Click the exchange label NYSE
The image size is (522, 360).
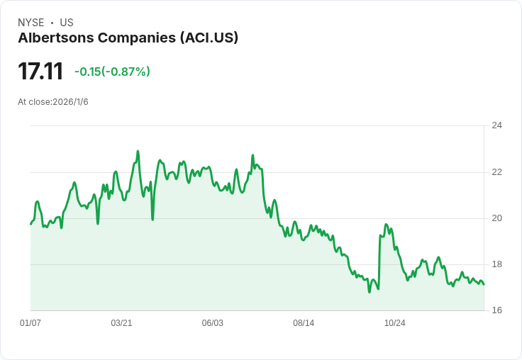click(x=31, y=23)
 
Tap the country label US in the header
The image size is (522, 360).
click(x=67, y=23)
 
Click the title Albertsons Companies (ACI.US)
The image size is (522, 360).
click(x=128, y=38)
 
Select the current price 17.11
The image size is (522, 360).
click(x=40, y=71)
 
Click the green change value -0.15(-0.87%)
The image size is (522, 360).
click(x=112, y=72)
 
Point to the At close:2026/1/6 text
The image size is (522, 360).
click(x=53, y=102)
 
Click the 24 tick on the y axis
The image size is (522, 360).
click(x=496, y=125)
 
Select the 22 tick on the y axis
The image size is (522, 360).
click(x=496, y=172)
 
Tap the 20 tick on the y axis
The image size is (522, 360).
click(x=496, y=218)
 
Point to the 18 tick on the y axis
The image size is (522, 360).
click(x=496, y=264)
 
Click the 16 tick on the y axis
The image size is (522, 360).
click(x=496, y=310)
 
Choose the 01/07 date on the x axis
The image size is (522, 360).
click(x=30, y=323)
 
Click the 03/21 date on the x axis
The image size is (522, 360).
click(x=121, y=323)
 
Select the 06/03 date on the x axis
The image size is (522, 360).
click(x=212, y=323)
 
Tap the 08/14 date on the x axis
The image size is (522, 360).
click(x=304, y=323)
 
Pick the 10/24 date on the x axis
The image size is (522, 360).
click(x=394, y=323)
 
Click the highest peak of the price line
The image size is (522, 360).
click(x=138, y=151)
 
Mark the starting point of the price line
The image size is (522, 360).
click(x=30, y=224)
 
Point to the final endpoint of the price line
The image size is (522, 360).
click(x=484, y=285)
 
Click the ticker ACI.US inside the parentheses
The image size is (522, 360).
click(x=210, y=38)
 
